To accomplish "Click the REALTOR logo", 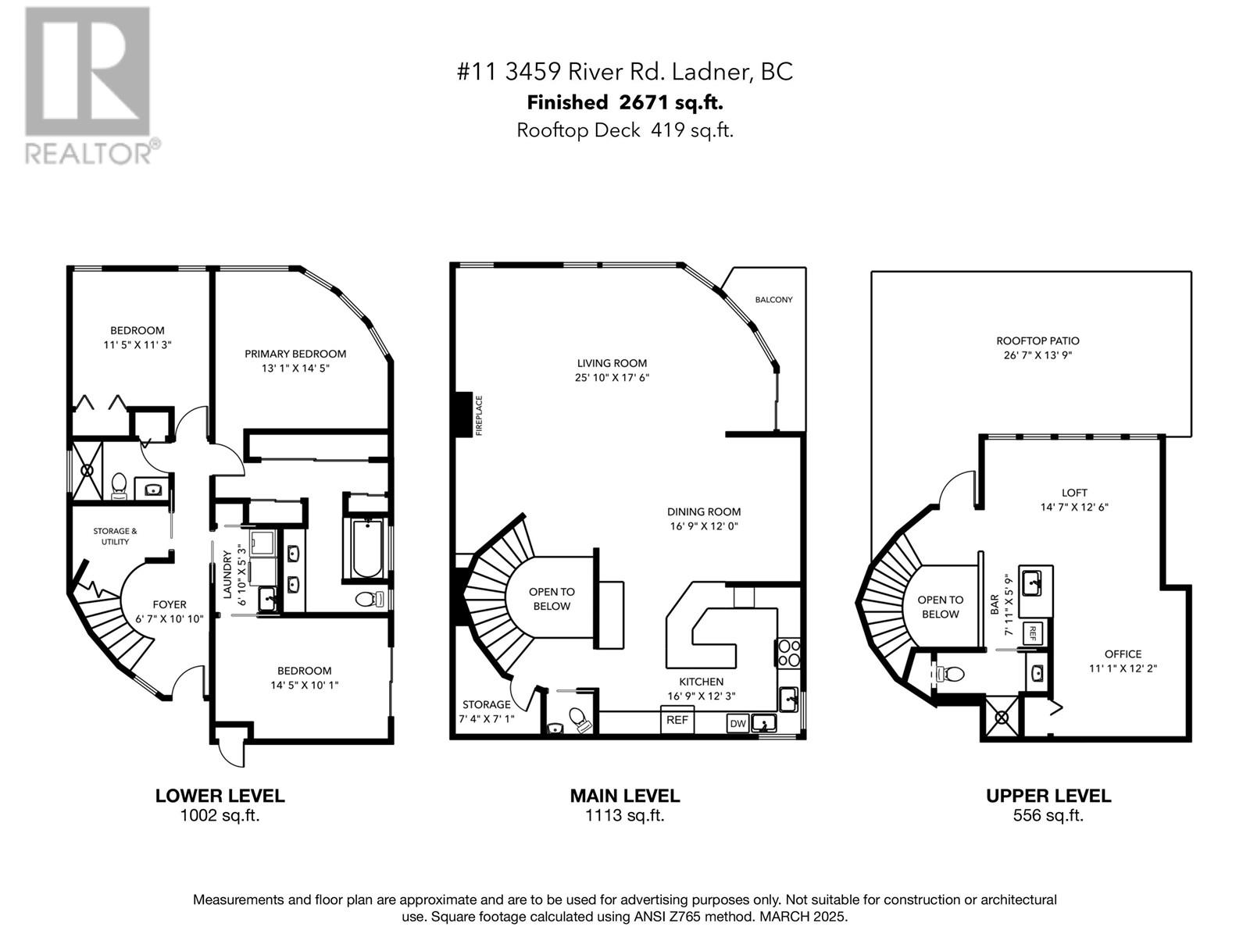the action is (88, 85).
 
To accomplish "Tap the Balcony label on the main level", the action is (773, 299).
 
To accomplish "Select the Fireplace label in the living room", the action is (479, 415).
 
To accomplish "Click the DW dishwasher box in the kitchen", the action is (737, 724).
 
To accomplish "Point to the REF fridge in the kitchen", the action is (677, 720).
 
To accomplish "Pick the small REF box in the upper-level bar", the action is (1033, 633).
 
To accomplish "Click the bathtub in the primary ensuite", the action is (366, 548).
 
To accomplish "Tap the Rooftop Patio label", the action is (1037, 340).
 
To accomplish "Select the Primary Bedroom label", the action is (295, 354).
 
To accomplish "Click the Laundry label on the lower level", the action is (227, 575).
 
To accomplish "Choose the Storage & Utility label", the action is (115, 536).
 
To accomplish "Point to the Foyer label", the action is (169, 604).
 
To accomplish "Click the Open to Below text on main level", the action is (552, 599).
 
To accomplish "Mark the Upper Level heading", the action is (1048, 796).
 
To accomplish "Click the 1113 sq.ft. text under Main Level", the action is (625, 815).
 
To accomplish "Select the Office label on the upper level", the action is (1123, 654).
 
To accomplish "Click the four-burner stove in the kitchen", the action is (789, 653).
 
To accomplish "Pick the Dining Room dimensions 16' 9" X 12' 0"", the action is (704, 526).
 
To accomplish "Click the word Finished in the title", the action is (567, 103).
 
